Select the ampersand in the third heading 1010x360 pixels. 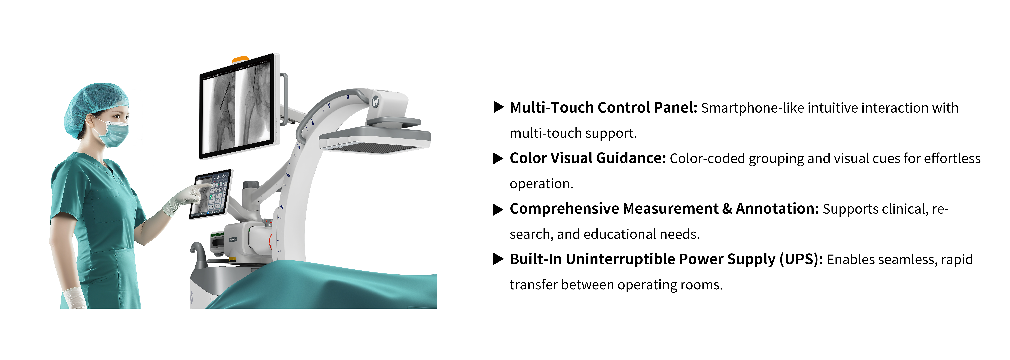(x=727, y=209)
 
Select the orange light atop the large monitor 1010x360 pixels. (x=240, y=59)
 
